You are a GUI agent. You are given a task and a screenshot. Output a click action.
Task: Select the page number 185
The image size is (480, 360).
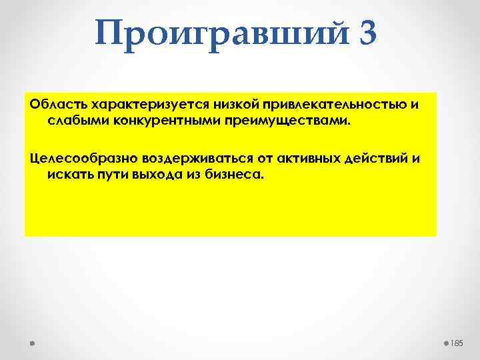click(457, 343)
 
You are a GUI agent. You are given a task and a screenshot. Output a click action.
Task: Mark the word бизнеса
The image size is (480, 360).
click(228, 173)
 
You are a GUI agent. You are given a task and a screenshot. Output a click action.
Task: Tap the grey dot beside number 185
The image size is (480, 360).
click(445, 343)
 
